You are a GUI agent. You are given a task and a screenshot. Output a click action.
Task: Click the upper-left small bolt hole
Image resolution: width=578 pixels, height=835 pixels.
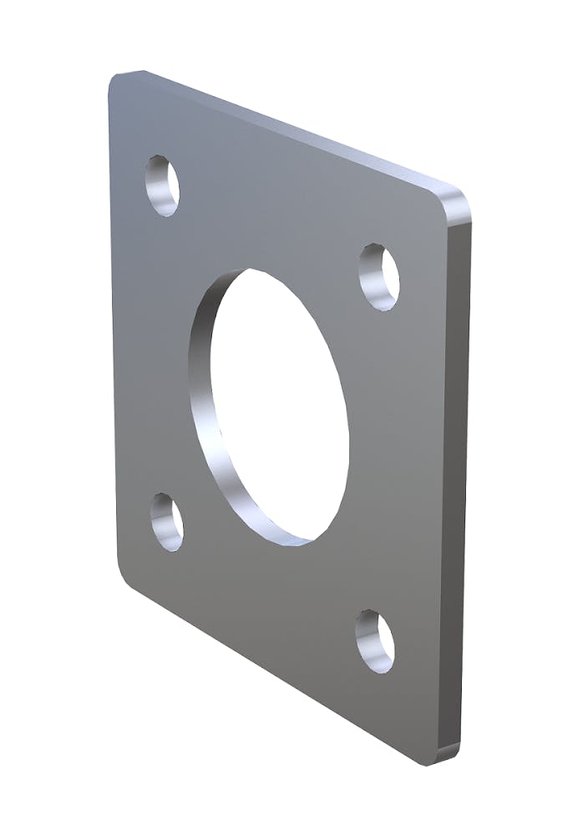pyautogui.click(x=163, y=185)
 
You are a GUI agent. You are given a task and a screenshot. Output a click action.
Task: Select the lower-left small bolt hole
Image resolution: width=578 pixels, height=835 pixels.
pyautogui.click(x=167, y=522)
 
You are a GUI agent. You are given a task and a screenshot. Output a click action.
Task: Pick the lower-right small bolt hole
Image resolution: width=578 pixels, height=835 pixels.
pyautogui.click(x=376, y=641)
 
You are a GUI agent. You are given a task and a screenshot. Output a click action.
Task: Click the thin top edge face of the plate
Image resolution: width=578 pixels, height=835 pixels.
pyautogui.click(x=292, y=129)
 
